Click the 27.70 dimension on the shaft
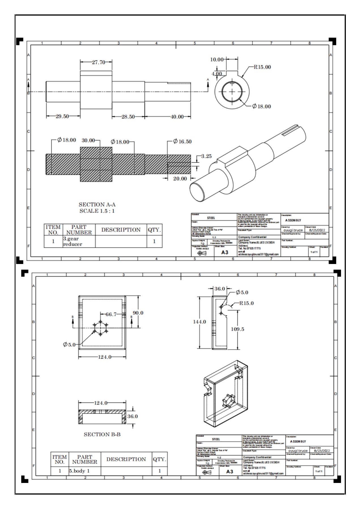[98, 62]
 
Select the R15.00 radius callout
[262, 67]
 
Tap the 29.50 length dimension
[62, 116]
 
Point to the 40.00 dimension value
[177, 117]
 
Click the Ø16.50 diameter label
[182, 141]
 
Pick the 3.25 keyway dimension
[206, 156]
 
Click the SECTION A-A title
[97, 205]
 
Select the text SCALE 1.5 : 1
[97, 211]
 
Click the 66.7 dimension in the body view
[111, 314]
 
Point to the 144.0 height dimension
[199, 322]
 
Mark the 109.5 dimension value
[237, 329]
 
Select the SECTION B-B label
[102, 434]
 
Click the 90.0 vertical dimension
[138, 313]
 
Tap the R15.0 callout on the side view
[246, 303]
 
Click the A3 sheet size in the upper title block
[225, 252]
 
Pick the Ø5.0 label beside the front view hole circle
[69, 344]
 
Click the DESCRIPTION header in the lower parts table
[126, 459]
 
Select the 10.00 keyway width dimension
[217, 59]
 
